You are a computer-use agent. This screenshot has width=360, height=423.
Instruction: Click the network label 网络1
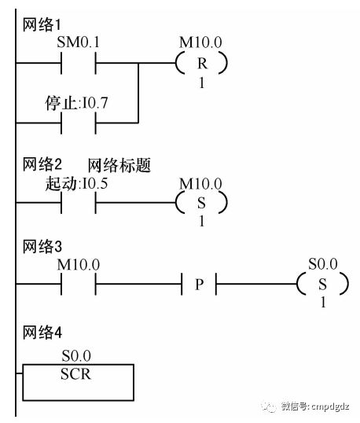tap(42, 25)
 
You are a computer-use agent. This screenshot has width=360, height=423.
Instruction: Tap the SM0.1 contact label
tap(78, 42)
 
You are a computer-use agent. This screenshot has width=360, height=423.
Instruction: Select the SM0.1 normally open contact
tap(78, 63)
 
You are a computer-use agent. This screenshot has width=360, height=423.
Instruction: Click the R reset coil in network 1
tap(201, 63)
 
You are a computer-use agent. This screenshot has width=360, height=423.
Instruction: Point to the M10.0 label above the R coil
tap(200, 42)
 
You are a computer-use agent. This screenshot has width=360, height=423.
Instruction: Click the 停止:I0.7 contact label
tap(76, 103)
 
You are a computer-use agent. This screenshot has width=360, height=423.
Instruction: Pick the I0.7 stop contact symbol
tap(78, 123)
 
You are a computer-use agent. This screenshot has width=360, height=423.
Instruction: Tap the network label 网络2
tap(42, 164)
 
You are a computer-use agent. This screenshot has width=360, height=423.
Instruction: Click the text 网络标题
tap(119, 165)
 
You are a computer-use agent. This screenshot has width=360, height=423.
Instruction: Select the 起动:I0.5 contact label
tap(76, 183)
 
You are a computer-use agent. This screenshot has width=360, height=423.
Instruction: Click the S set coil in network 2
tap(201, 202)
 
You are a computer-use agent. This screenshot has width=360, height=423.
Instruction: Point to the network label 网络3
tap(42, 247)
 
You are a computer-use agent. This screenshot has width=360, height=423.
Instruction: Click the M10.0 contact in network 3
tap(78, 284)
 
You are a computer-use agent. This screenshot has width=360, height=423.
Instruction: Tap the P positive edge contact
tap(199, 284)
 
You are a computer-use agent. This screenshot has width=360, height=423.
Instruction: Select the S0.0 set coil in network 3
tap(322, 284)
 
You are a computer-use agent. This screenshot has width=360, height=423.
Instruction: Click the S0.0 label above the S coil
tap(323, 264)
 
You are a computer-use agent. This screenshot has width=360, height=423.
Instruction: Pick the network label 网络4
tap(42, 333)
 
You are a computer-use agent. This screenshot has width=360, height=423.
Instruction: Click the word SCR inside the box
tap(75, 374)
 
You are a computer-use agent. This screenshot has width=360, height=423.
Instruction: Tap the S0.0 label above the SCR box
tap(76, 356)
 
